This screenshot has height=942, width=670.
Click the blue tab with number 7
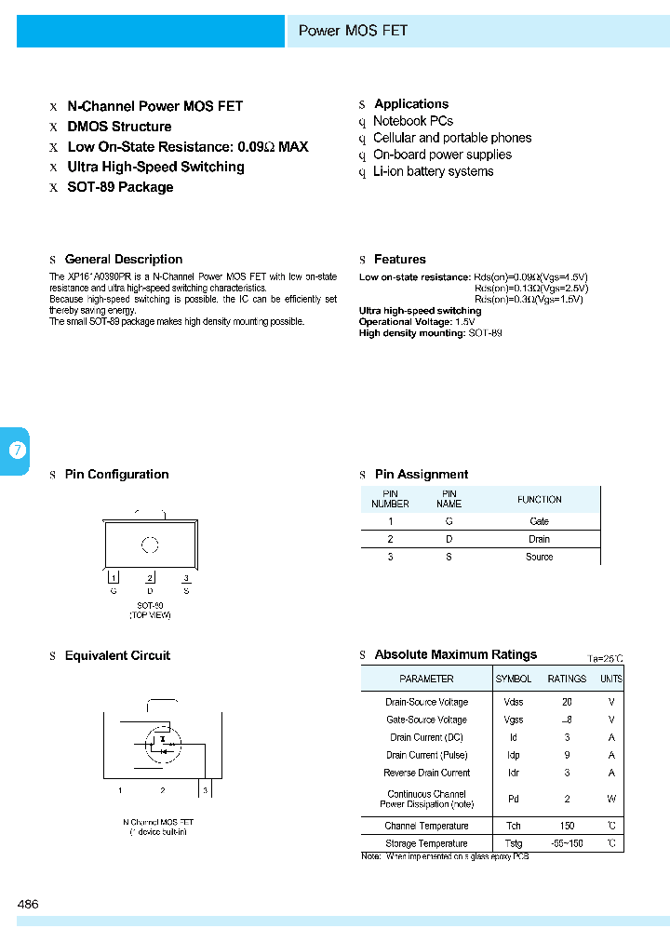[x=17, y=451]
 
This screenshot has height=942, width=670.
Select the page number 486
[x=28, y=904]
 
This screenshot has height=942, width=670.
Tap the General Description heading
[x=124, y=260]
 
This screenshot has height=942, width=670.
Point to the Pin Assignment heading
[x=422, y=475]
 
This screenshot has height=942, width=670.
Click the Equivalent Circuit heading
[x=117, y=656]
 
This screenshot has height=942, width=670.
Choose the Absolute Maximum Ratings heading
[x=455, y=654]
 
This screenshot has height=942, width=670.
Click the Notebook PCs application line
[x=413, y=121]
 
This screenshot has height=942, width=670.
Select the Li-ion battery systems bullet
[x=434, y=171]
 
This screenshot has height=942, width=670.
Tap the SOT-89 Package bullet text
[x=120, y=187]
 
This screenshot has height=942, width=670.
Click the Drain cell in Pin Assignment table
[x=539, y=539]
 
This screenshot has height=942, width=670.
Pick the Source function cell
[x=539, y=557]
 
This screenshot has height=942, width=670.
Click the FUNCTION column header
[x=539, y=499]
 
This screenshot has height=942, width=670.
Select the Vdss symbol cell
[x=514, y=702]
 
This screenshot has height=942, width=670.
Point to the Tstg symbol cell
[x=514, y=843]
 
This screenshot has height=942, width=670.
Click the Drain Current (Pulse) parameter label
[x=426, y=755]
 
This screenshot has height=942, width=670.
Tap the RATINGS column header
[x=567, y=679]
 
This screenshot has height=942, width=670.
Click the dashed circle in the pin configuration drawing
[x=150, y=545]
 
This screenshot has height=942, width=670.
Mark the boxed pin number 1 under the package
[x=114, y=579]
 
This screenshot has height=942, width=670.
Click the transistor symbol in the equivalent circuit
[x=163, y=742]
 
